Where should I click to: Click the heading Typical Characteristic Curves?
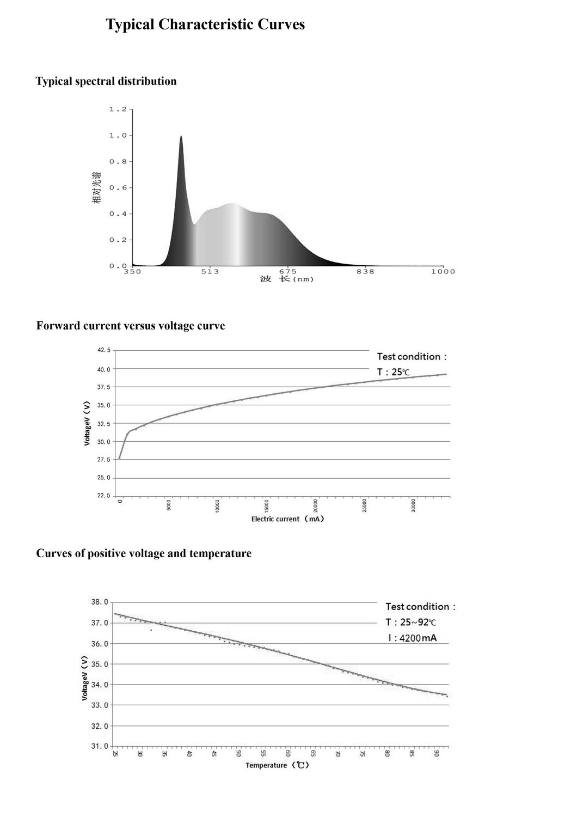(205, 25)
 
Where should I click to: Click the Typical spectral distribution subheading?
(106, 81)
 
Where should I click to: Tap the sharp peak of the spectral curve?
(181, 137)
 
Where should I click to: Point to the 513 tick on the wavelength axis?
(210, 271)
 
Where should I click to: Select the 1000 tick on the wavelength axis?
(443, 271)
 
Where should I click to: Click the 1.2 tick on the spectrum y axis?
(118, 109)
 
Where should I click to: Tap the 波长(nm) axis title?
(286, 279)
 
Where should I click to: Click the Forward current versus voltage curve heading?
(130, 326)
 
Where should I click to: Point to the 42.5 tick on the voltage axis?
(103, 350)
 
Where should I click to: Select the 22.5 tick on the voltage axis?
(103, 496)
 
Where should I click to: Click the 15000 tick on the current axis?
(267, 505)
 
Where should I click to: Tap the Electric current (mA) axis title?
(287, 519)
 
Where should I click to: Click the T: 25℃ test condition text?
(393, 373)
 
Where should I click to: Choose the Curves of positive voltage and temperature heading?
(144, 553)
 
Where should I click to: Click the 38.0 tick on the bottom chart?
(99, 602)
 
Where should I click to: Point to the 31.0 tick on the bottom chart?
(99, 746)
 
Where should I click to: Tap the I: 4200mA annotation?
(412, 638)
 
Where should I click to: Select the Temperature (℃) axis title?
(277, 765)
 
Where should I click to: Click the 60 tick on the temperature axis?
(288, 754)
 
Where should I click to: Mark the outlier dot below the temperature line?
(151, 630)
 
